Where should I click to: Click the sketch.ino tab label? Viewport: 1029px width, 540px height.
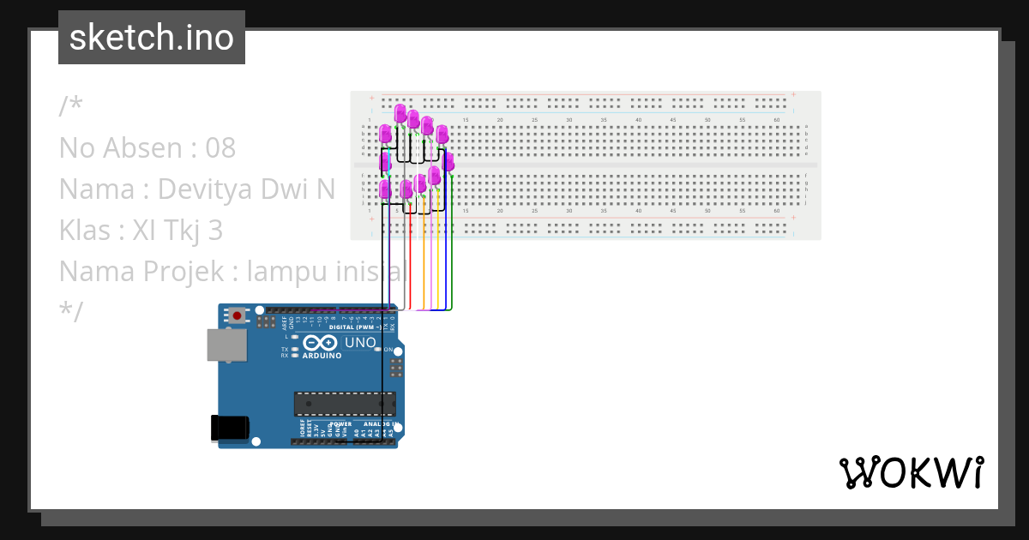[x=152, y=38]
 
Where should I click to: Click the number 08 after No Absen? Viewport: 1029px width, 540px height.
[x=220, y=148]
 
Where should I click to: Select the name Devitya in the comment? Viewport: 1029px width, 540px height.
[x=200, y=189]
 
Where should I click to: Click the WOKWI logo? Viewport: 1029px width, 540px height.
[x=911, y=472]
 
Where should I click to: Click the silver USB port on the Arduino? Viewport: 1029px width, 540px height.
[x=227, y=345]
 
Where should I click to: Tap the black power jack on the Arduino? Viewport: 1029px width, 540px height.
[x=231, y=429]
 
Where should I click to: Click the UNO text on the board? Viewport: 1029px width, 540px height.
[x=360, y=343]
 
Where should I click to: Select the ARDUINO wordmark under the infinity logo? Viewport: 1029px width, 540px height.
[x=322, y=355]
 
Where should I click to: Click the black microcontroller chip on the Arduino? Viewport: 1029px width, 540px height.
[x=345, y=404]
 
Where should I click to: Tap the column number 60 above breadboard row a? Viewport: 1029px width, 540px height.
[x=776, y=119]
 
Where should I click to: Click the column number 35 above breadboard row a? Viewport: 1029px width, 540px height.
[x=604, y=119]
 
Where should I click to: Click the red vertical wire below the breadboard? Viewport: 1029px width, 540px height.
[x=411, y=266]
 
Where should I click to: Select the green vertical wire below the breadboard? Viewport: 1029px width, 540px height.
[x=451, y=266]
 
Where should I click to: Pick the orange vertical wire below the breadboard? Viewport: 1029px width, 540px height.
[x=423, y=266]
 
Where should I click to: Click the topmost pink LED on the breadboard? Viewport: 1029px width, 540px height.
[x=400, y=113]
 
